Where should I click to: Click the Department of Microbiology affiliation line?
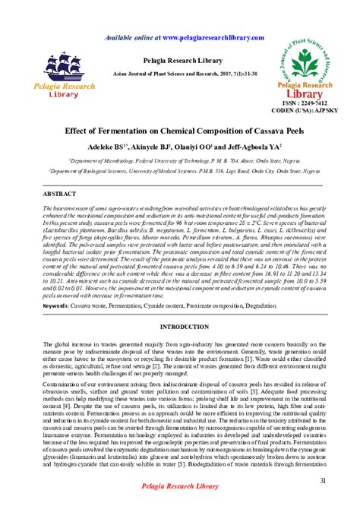[179, 161]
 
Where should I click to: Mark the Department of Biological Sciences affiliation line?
[179, 172]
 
